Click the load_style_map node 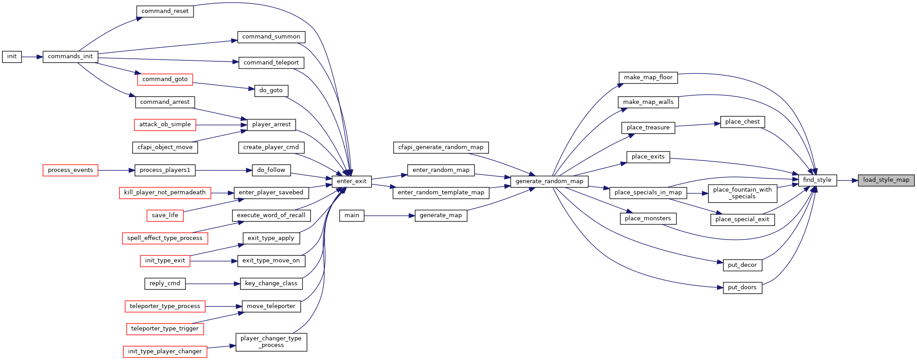(886, 180)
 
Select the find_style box (817, 180)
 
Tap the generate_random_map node (549, 181)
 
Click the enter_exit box (352, 181)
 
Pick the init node (12, 57)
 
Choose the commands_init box (70, 57)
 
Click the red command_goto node (165, 79)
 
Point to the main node (352, 215)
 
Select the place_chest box (742, 122)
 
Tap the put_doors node (742, 288)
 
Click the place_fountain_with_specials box (742, 193)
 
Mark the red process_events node (70, 170)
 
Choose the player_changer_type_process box (271, 342)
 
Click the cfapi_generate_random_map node (441, 147)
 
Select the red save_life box (165, 215)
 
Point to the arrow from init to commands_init (32, 57)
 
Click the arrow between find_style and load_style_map (847, 180)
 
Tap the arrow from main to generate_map (389, 215)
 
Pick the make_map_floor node (648, 77)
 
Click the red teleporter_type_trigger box (165, 329)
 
